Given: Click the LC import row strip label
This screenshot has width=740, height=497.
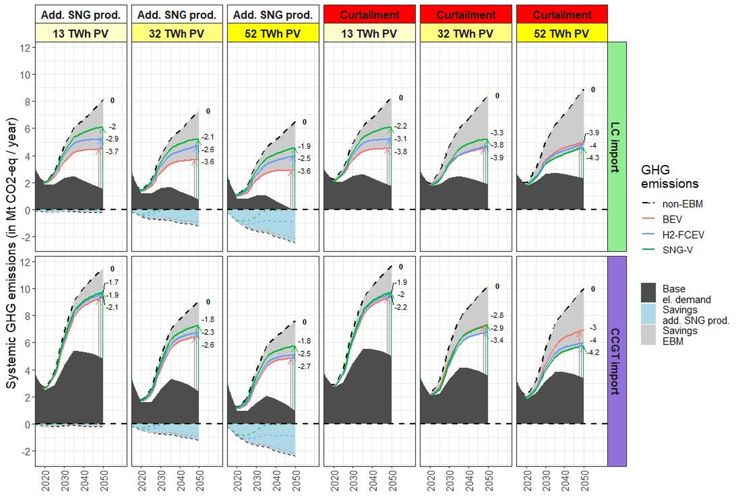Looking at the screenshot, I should pos(616,147).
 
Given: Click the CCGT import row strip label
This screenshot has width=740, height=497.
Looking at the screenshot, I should pos(616,361).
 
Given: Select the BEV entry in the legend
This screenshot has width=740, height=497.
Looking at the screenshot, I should pos(672,219).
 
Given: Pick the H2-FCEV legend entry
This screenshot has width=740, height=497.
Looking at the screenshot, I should pos(683,235).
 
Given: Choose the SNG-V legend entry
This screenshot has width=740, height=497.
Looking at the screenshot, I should pos(677,250).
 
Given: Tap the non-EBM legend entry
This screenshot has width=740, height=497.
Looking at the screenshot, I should pos(682,204).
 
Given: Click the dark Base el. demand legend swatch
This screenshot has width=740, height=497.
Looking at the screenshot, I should pos(648,293).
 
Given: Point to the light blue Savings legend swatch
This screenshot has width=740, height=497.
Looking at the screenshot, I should pos(648,313).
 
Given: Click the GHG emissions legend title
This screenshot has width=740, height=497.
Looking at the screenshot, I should pos(669,177).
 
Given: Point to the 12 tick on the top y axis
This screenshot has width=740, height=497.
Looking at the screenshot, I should pos(25,48).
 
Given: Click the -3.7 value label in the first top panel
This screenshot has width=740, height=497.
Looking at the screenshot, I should pos(112,152).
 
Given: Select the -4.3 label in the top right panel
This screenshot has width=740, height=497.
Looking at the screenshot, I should pos(593,158).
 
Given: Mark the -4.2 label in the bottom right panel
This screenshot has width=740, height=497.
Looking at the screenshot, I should pos(593,352).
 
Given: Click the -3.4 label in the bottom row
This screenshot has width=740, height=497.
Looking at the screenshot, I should pos(497,340).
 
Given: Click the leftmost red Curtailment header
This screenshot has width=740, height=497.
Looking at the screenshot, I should pos(369,15).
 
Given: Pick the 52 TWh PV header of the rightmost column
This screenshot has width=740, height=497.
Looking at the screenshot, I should pos(561,33).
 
